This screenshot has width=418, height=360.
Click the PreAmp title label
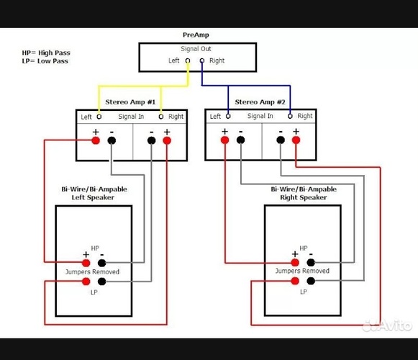[196, 35]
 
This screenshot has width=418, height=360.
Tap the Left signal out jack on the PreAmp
[188, 61]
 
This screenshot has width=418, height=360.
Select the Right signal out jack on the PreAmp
[202, 61]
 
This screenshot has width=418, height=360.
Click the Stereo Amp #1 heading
[130, 102]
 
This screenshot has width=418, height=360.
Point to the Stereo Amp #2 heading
[260, 102]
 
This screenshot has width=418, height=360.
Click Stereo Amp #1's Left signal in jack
[99, 117]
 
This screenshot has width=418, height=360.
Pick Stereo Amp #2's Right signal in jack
[290, 116]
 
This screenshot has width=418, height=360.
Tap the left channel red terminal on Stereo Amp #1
[96, 140]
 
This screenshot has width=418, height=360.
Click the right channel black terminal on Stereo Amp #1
[151, 140]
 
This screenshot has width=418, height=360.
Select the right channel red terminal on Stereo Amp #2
[296, 140]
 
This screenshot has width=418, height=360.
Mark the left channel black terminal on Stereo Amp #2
[240, 140]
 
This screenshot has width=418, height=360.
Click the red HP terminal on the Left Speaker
[86, 263]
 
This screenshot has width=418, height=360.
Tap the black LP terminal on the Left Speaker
[102, 282]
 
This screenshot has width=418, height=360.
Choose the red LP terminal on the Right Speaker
[295, 281]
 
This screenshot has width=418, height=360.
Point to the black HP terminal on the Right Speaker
[311, 263]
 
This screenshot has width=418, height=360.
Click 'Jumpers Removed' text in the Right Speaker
[302, 271]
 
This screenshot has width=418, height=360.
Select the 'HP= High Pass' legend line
[46, 53]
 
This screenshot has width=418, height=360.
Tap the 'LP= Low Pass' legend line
[45, 61]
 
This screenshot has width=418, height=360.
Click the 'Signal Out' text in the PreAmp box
[196, 49]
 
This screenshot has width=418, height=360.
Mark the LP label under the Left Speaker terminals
[94, 292]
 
